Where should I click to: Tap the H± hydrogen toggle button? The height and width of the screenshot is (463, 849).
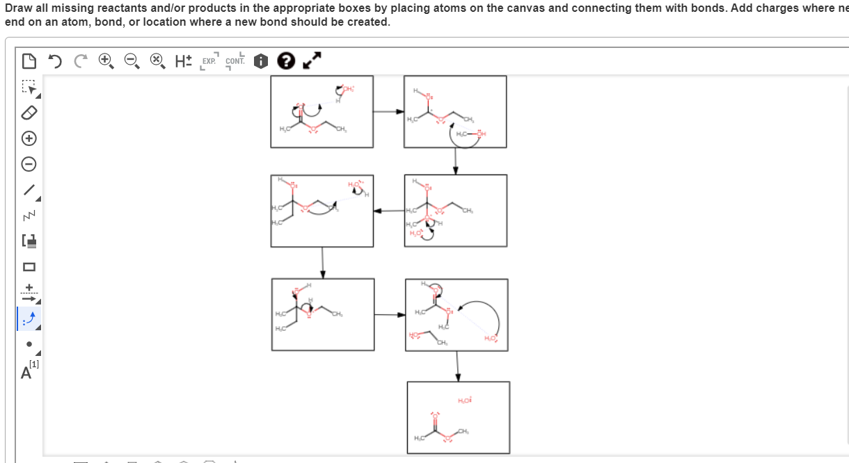tap(183, 61)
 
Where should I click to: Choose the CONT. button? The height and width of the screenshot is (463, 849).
tap(235, 61)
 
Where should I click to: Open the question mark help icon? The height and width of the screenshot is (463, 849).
tap(285, 61)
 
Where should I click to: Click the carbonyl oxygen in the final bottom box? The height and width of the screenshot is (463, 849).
tap(436, 415)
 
